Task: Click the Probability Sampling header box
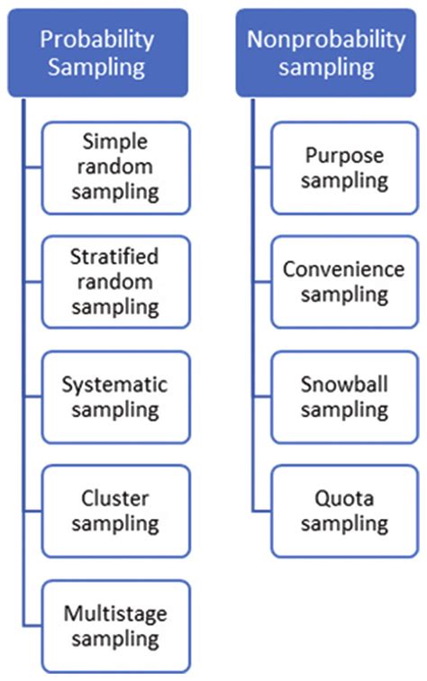pos(97,53)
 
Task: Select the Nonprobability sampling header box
pos(327,53)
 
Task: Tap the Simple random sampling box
pos(121,167)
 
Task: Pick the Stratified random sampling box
pos(121,282)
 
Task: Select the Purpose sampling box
pos(343,168)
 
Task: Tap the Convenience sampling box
pos(343,282)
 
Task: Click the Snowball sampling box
pos(343,396)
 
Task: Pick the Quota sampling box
pos(343,510)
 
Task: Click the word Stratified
pos(114,258)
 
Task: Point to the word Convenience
pos(343,269)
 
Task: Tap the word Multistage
pos(114,613)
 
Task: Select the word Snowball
pos(343,384)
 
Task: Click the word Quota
pos(343,498)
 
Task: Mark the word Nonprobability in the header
pos(327,41)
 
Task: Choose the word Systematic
pos(114,385)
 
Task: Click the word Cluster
pos(114,498)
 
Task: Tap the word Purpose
pos(343,156)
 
